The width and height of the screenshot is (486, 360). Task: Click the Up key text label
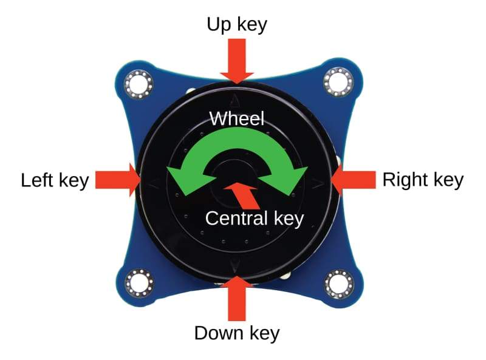click(237, 25)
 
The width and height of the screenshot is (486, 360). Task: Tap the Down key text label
click(236, 333)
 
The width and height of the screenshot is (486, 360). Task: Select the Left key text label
click(55, 180)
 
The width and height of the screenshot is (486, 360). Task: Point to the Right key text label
click(423, 180)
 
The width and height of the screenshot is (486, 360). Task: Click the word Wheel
click(237, 118)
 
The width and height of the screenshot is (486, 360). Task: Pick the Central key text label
click(254, 218)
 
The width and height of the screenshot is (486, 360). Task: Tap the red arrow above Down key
click(236, 297)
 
